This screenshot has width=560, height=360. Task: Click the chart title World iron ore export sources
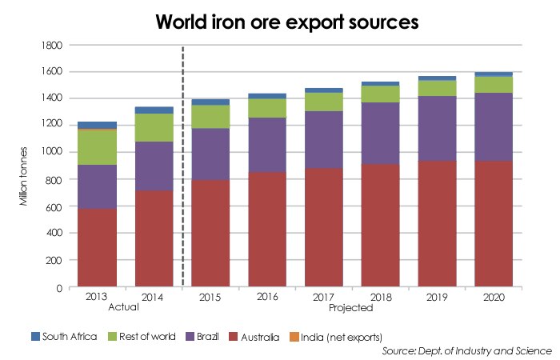click(280, 22)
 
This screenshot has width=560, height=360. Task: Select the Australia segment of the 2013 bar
click(98, 248)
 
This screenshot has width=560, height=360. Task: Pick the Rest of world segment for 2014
click(154, 128)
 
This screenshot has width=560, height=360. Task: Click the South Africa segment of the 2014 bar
click(154, 110)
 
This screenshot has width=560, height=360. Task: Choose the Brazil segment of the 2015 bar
click(211, 154)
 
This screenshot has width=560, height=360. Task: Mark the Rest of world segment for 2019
click(437, 88)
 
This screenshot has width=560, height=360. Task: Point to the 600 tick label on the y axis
click(61, 206)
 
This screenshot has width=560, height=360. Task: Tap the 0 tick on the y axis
click(67, 287)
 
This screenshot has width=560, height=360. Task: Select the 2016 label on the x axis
click(268, 298)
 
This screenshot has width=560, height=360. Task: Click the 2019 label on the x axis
click(437, 298)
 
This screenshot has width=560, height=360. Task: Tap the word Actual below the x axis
click(124, 307)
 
